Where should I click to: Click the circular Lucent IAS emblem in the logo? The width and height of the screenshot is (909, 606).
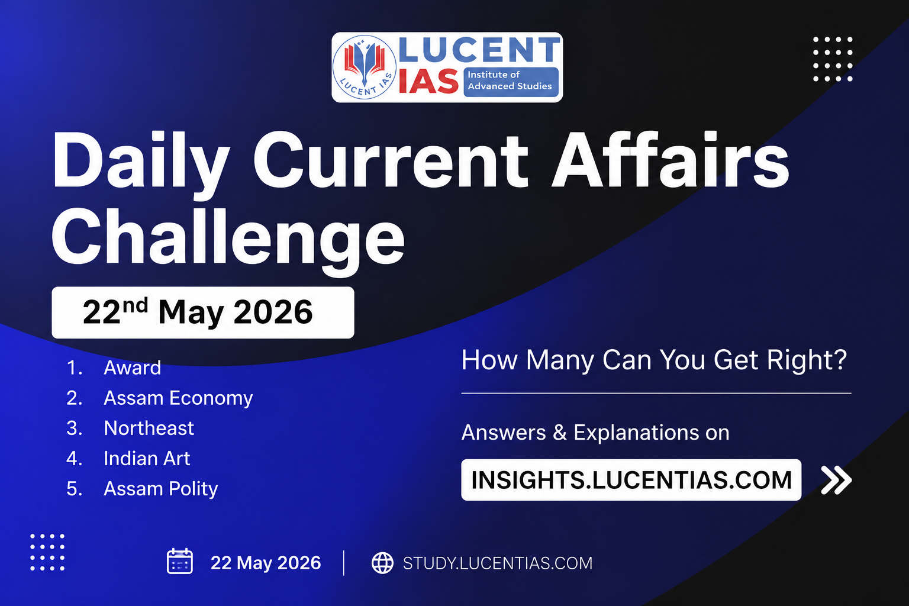[x=364, y=67]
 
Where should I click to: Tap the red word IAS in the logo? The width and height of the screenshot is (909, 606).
[x=428, y=81]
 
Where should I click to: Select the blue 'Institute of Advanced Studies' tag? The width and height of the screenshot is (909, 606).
[x=511, y=82]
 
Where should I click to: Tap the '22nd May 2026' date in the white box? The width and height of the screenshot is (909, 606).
[x=198, y=312]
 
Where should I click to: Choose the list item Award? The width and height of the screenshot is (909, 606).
[x=133, y=368]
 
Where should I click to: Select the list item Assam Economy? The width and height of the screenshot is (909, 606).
[x=178, y=398]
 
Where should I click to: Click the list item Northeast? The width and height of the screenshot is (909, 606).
[x=149, y=428]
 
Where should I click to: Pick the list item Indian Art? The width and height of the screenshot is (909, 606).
[x=147, y=459]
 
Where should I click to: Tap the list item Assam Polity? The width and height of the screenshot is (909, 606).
[x=161, y=489]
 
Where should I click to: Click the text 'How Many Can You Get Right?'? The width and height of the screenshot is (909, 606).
[x=654, y=360]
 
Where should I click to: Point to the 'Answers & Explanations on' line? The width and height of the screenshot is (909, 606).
[x=595, y=432]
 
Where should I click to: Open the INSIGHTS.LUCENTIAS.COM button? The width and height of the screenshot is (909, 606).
[x=631, y=480]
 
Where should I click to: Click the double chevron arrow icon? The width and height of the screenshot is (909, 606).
[x=836, y=480]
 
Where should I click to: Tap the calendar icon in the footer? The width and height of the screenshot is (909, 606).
[x=180, y=561]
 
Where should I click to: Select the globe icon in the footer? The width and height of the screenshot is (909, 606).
[x=382, y=563]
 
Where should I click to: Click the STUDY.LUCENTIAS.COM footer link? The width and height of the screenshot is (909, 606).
[x=498, y=563]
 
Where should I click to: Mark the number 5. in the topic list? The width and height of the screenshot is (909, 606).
[x=74, y=489]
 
